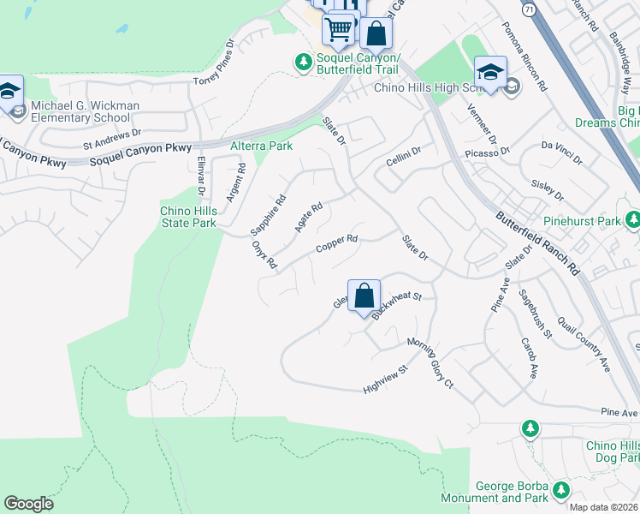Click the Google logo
coord(29,504)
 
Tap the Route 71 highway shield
coord(530,9)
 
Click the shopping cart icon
coord(339,29)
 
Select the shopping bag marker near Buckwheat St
coord(364,296)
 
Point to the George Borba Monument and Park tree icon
coord(561,490)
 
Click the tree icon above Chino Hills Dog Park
coord(530,427)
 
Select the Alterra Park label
coord(262,146)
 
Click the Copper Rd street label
coord(336,245)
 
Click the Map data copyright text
coord(604,506)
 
